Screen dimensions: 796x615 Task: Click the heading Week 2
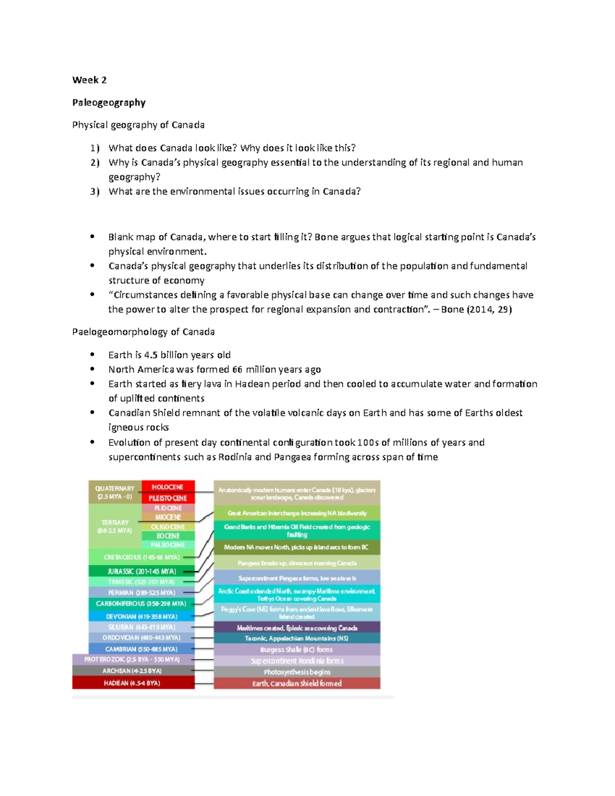(89, 80)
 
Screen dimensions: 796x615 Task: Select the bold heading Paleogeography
(109, 103)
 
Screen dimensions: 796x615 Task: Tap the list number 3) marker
(94, 192)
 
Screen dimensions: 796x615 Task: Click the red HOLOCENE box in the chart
(168, 487)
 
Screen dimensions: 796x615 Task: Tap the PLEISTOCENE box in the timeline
(168, 498)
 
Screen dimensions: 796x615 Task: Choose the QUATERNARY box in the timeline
(114, 492)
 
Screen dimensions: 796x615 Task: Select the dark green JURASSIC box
(141, 571)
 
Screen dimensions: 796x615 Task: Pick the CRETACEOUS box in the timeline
(141, 557)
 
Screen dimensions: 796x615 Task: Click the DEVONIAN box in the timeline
(141, 617)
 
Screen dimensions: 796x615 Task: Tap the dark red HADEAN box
(133, 683)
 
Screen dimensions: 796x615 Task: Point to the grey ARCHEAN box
(133, 671)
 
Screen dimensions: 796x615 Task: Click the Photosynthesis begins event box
(297, 672)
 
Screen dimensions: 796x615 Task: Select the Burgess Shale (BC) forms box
(297, 649)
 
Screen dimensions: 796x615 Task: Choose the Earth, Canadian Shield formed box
(297, 683)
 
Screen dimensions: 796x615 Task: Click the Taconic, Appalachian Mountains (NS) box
(297, 638)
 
